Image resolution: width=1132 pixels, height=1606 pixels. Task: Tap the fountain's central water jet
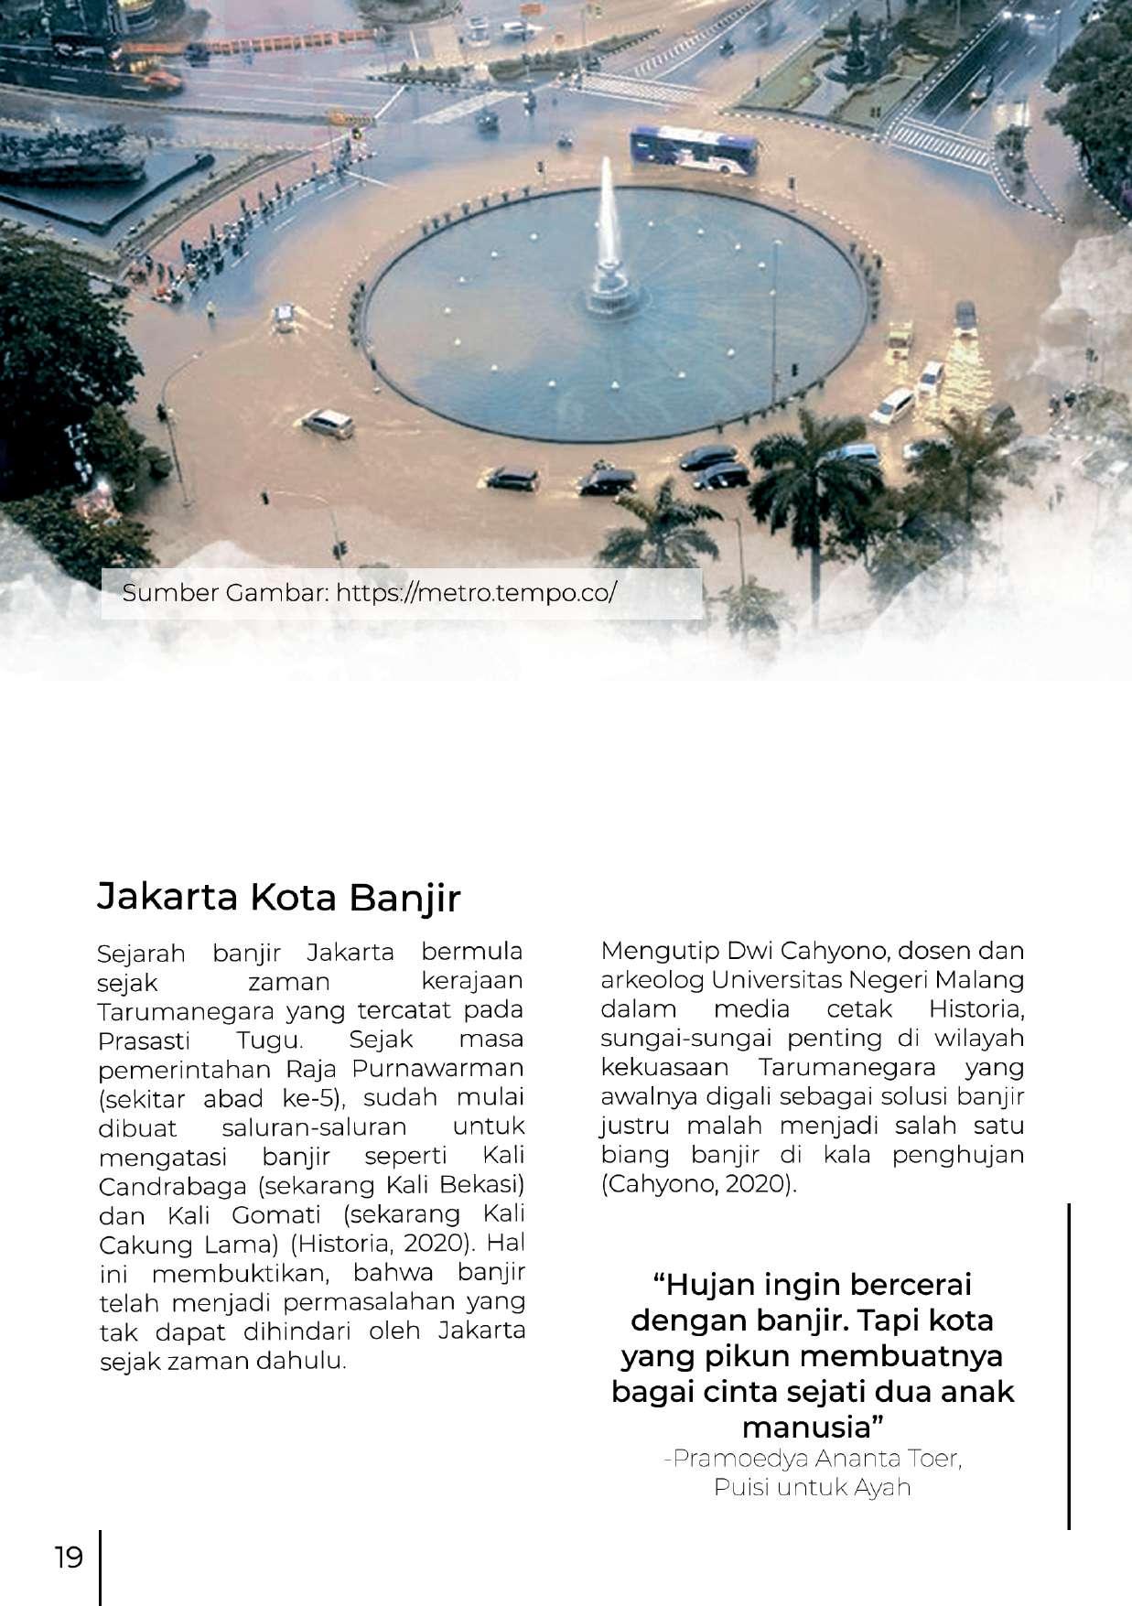605,220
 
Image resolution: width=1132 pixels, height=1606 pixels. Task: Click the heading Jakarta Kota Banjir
278,898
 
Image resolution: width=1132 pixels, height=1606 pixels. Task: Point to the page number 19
69,1557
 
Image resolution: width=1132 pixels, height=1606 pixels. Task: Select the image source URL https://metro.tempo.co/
476,593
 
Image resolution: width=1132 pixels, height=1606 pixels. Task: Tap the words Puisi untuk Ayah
812,1487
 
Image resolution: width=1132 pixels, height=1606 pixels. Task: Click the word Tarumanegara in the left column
188,1011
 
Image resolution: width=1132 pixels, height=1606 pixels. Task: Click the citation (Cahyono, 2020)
699,1184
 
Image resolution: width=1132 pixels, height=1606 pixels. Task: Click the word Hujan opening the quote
713,1285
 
